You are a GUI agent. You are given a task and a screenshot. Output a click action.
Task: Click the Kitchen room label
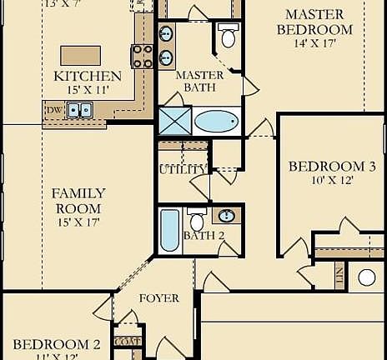88,76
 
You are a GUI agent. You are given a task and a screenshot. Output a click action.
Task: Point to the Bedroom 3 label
320,167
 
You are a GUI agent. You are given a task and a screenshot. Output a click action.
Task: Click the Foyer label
159,298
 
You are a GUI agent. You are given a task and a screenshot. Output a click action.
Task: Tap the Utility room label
183,170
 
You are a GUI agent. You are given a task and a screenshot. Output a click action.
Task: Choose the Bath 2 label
204,236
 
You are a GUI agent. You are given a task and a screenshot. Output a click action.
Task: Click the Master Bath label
198,81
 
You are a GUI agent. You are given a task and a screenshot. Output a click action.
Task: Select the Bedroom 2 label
57,343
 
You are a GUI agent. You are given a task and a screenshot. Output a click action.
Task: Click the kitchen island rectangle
81,55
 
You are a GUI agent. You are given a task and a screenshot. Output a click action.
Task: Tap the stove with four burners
143,56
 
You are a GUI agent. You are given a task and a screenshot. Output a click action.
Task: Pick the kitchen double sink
80,109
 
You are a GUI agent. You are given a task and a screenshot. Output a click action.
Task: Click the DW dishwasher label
54,109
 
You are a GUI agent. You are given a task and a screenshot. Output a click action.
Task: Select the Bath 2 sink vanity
226,216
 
